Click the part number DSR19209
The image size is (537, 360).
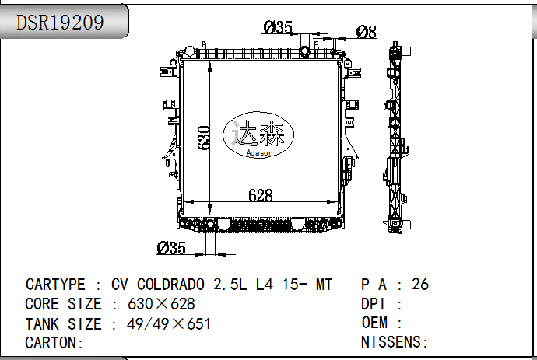tap(61, 23)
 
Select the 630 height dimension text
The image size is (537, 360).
tap(205, 138)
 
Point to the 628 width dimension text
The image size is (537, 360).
tap(261, 196)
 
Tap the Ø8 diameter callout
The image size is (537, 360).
tap(367, 31)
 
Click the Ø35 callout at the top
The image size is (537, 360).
tap(278, 28)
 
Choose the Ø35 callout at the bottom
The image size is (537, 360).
tap(171, 248)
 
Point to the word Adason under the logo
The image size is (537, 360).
tap(260, 153)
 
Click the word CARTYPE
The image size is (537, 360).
tap(55, 285)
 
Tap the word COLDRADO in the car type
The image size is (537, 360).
tap(173, 285)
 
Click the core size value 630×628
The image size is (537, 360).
tap(161, 304)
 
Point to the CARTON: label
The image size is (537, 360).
tap(54, 343)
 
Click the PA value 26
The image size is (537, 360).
tap(420, 285)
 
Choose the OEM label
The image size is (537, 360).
tap(376, 323)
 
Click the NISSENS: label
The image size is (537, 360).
tap(395, 343)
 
